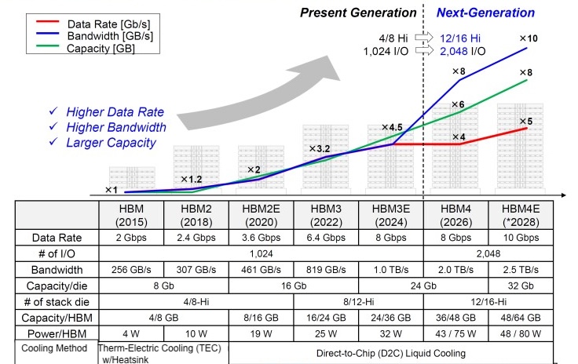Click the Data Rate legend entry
coord(94,24)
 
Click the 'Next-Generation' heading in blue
coord(485,13)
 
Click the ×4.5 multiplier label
coord(393,127)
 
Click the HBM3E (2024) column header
coord(391,216)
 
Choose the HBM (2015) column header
coord(130,216)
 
